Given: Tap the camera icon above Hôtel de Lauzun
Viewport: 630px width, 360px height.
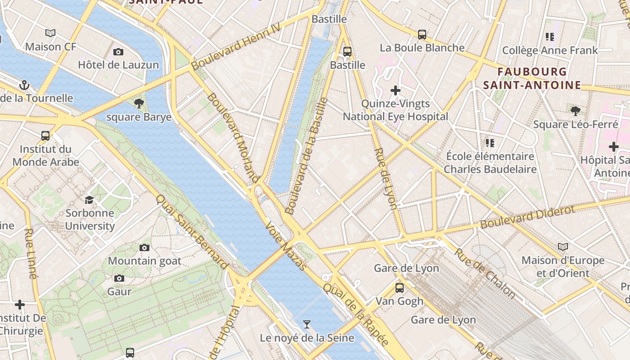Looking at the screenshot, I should pos(118,52).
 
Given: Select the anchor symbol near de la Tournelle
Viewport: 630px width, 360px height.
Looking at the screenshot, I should pos(24,85).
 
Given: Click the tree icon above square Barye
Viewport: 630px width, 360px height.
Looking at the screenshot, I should pos(139,103).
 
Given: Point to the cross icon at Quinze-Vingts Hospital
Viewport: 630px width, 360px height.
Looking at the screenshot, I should pos(396,90).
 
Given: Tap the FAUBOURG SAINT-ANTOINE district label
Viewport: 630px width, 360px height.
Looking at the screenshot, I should pos(532,78).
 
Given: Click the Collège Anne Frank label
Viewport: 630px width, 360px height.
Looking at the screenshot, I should pos(550,50).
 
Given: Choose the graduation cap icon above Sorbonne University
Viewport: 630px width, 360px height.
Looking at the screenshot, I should pos(90,199).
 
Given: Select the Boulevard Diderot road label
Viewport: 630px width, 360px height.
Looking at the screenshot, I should pos(527,217).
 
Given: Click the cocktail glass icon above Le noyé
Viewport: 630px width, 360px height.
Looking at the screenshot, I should pos(307,324).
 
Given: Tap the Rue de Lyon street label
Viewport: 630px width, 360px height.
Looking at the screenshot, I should pos(386,179).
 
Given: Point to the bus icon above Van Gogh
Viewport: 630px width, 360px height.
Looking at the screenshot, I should pos(400,288).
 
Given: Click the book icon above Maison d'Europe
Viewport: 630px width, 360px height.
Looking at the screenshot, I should pos(563,247).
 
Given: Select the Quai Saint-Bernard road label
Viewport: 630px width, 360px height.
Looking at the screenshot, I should pos(192,232).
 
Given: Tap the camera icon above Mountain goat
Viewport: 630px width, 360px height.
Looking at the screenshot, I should pos(144,247).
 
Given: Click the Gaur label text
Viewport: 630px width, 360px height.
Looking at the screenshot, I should pos(119,291).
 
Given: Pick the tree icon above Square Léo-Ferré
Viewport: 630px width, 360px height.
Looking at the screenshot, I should pos(575,111).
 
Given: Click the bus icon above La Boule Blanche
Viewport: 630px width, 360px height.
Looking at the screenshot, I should pos(422,34).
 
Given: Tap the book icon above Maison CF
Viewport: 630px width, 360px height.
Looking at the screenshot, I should pos(50,33).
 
